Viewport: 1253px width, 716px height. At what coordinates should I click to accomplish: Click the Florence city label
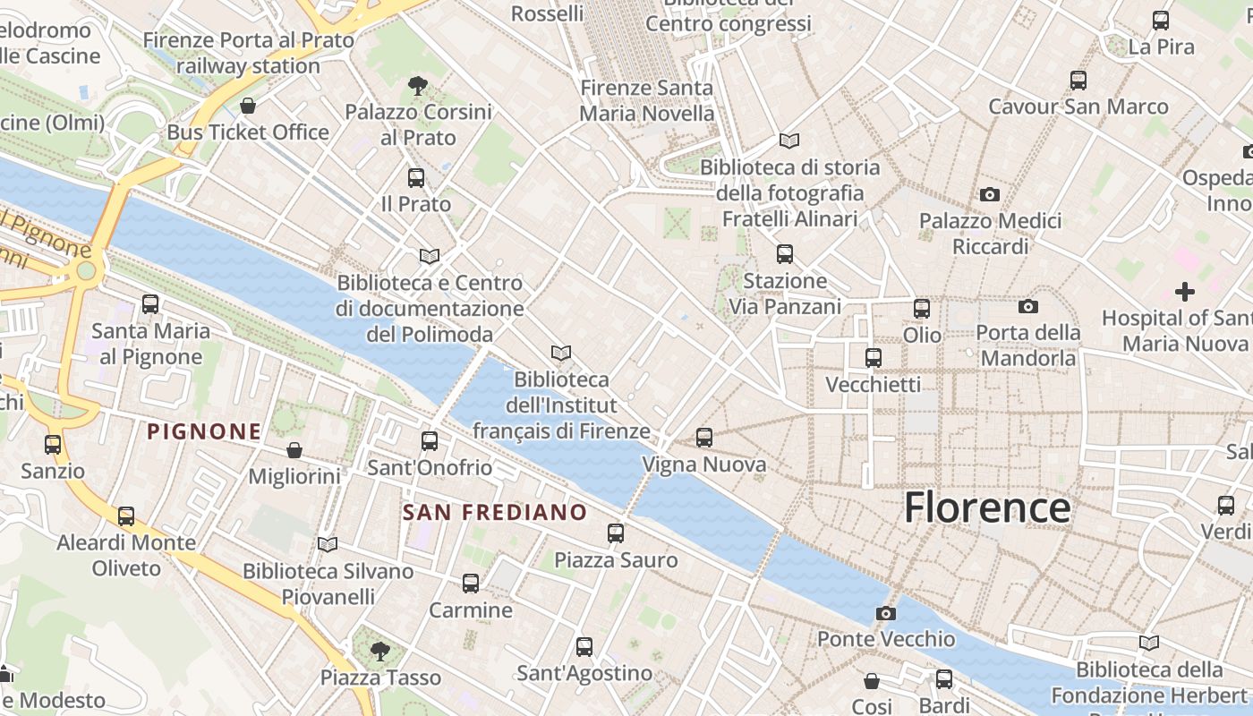(x=986, y=507)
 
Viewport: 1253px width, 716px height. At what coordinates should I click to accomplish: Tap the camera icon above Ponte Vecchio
(x=885, y=613)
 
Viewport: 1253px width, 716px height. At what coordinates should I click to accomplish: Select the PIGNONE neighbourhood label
(x=204, y=431)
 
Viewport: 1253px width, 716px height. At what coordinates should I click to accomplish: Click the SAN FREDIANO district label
(x=494, y=513)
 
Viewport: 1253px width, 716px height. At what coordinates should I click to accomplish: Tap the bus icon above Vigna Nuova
(x=704, y=438)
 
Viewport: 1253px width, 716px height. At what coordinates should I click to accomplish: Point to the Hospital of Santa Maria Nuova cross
(x=1184, y=292)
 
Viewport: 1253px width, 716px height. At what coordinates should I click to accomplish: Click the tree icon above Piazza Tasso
(x=380, y=651)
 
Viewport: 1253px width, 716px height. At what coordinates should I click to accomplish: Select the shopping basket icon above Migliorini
(x=294, y=450)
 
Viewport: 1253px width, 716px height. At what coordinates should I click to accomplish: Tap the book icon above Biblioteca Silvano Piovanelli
(x=328, y=544)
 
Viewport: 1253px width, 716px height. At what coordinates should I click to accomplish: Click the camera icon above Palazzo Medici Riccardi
(x=989, y=194)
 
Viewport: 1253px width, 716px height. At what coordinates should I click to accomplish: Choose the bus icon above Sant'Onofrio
(x=430, y=441)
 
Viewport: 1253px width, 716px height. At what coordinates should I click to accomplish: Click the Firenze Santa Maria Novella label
(x=647, y=100)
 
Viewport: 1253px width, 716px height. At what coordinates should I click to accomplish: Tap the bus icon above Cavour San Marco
(x=1078, y=81)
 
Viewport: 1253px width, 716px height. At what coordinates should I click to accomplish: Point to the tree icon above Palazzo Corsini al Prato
(x=417, y=86)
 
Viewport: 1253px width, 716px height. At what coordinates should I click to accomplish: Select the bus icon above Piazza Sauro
(x=616, y=533)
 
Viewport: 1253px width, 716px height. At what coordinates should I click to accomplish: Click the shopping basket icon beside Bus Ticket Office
(x=248, y=107)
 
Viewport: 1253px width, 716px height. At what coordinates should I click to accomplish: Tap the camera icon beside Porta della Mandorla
(x=1028, y=307)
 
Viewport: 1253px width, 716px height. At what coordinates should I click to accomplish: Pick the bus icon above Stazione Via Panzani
(x=785, y=254)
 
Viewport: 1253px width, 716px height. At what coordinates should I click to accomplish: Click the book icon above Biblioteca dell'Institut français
(x=561, y=354)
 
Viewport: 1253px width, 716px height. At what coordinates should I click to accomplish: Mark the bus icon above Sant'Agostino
(x=584, y=646)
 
